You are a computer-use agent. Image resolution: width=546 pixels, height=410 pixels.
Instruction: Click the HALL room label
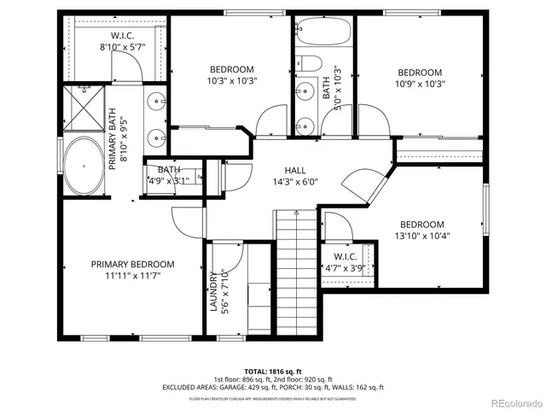click(x=295, y=170)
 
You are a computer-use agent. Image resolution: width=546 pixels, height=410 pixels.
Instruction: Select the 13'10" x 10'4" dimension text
click(x=422, y=236)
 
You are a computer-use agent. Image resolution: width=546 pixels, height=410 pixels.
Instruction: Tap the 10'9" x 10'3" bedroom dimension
click(x=419, y=85)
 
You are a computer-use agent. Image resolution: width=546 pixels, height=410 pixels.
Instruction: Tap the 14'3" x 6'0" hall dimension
click(x=295, y=182)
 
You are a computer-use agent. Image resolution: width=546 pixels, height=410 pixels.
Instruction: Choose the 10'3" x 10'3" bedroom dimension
click(x=232, y=80)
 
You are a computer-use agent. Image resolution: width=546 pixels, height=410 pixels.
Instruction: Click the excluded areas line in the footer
click(x=273, y=387)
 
